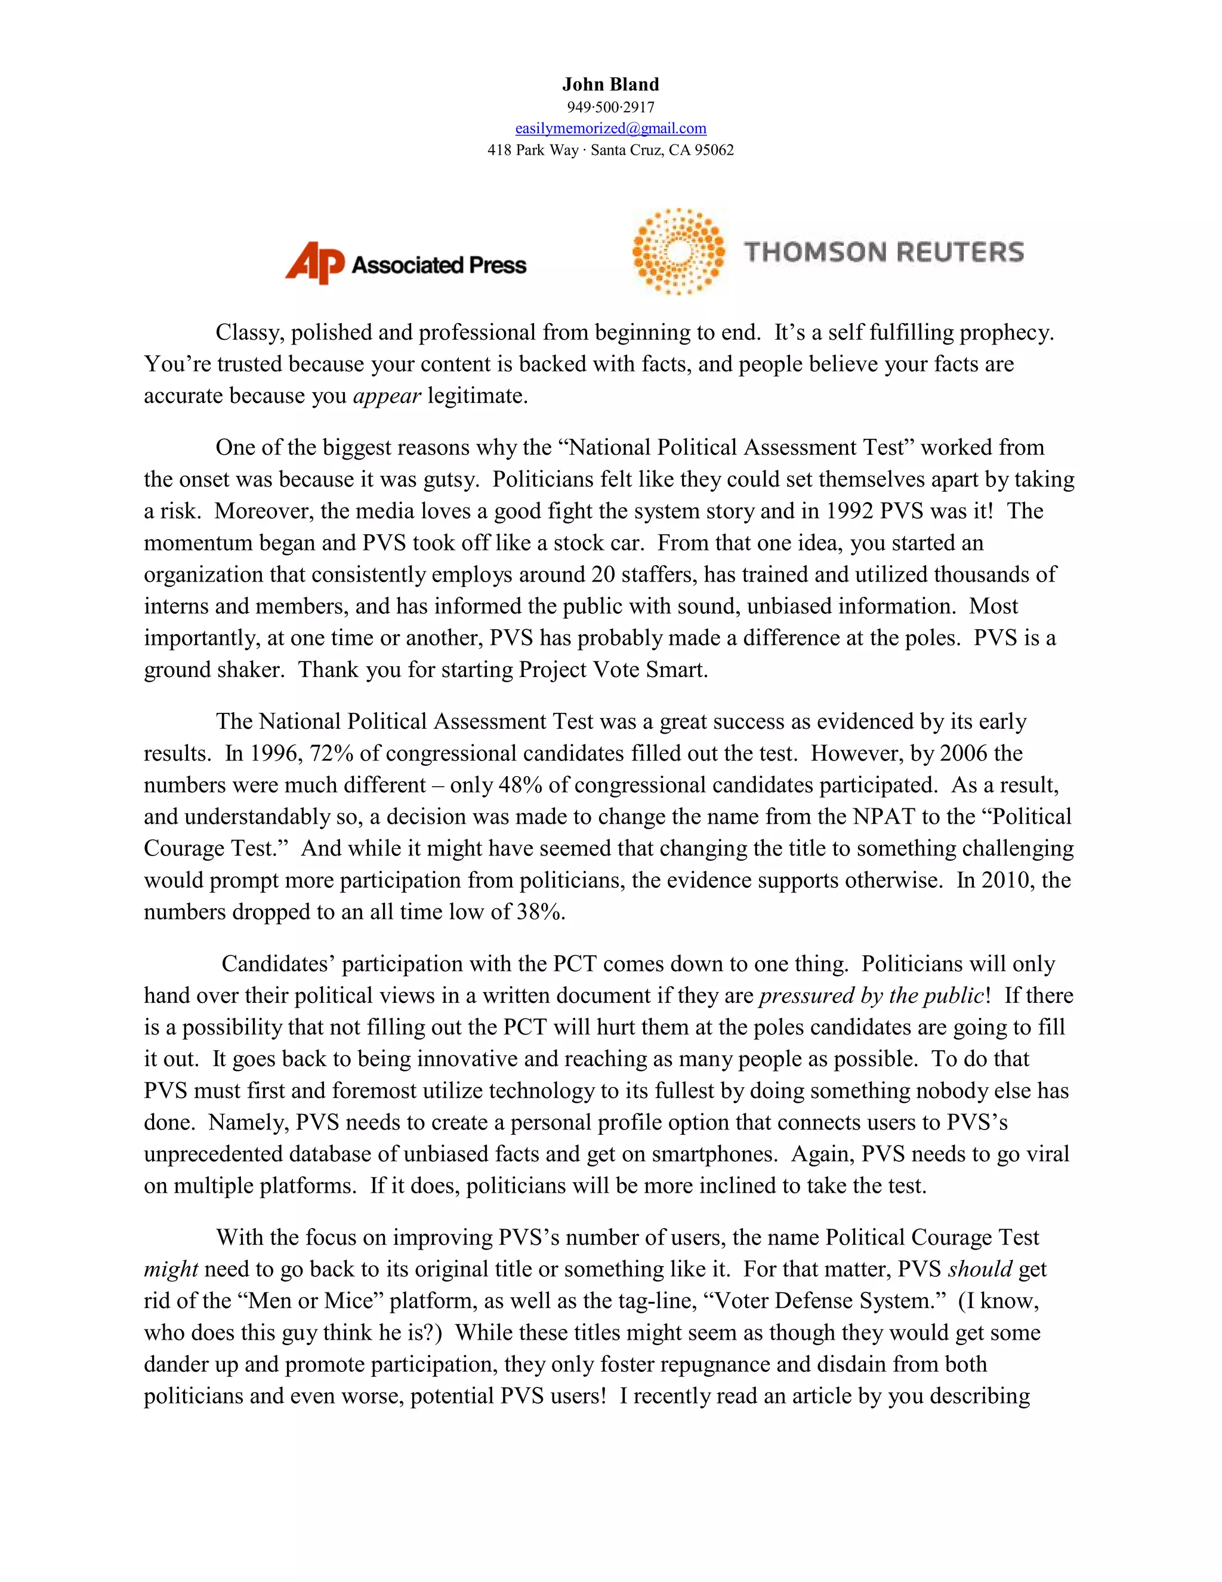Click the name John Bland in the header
coord(610,85)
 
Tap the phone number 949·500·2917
coord(610,107)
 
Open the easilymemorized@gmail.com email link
coord(610,128)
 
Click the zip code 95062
coord(714,150)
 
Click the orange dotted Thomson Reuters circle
coord(678,251)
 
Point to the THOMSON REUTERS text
coord(884,252)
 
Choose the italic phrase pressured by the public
coord(872,996)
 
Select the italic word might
coord(171,1270)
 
